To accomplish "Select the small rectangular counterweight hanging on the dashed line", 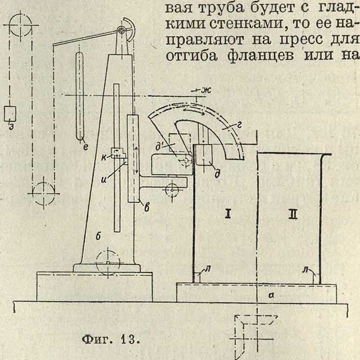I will point(10,113).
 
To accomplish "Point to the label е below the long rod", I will point(85,146).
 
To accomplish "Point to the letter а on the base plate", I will point(272,295).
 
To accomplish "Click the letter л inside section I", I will point(208,269).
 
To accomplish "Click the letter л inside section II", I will point(306,269).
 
